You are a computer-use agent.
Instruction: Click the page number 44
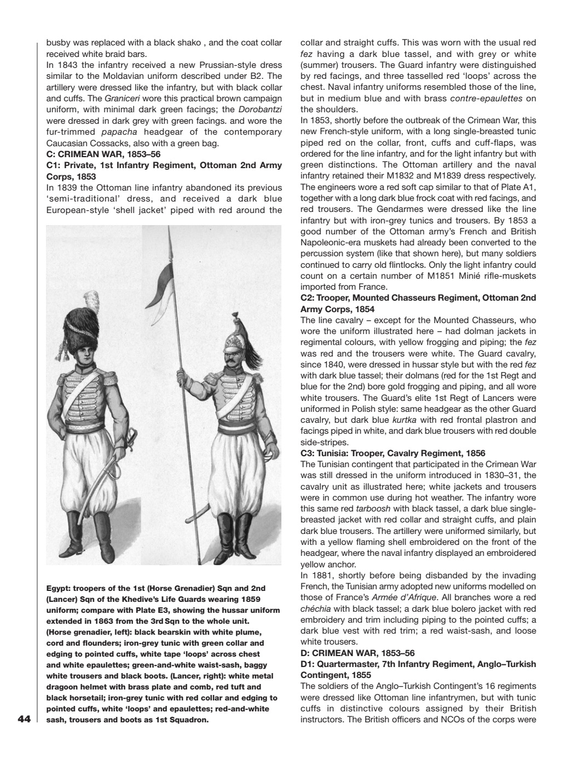click(x=24, y=719)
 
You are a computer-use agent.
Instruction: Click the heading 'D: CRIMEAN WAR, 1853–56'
click(x=357, y=653)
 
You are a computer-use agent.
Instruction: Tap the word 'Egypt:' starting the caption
click(x=59, y=589)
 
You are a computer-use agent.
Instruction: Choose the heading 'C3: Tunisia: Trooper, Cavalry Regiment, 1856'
click(x=393, y=453)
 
